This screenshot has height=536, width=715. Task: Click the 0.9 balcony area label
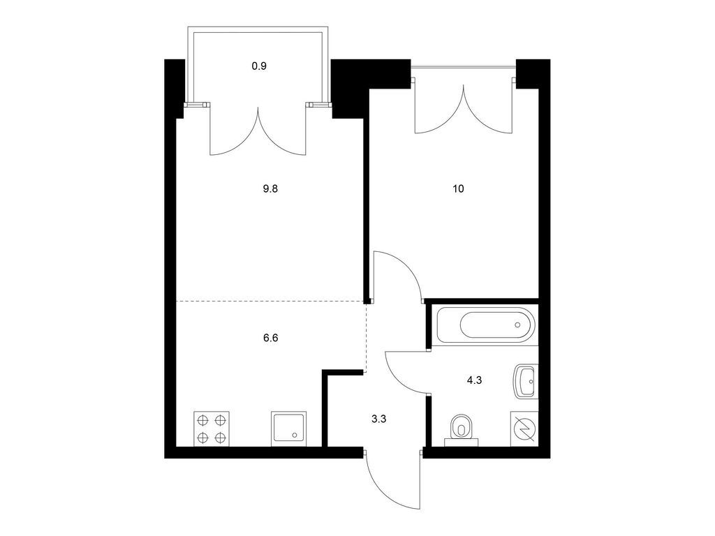pyautogui.click(x=259, y=66)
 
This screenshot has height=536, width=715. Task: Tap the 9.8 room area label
pyautogui.click(x=270, y=188)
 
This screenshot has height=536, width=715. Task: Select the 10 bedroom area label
pyautogui.click(x=458, y=188)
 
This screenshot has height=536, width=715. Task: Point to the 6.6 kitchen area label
pyautogui.click(x=270, y=338)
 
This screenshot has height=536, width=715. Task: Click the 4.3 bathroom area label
pyautogui.click(x=474, y=380)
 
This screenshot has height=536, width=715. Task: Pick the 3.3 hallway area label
pyautogui.click(x=378, y=419)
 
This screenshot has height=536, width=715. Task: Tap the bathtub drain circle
pyautogui.click(x=517, y=325)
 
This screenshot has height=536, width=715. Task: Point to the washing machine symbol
pyautogui.click(x=524, y=429)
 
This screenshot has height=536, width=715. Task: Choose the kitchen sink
pyautogui.click(x=289, y=429)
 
